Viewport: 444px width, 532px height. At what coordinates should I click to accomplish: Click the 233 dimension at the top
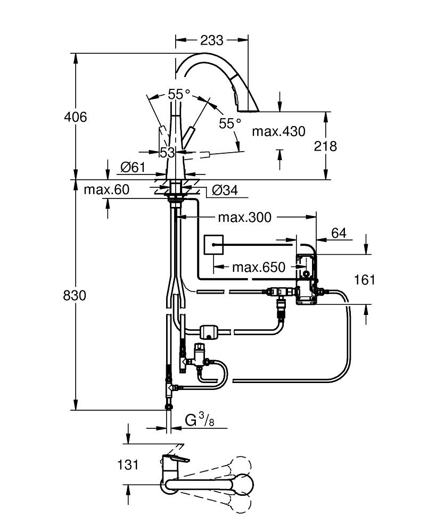[x=212, y=40]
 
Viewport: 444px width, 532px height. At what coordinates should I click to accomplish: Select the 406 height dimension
[x=75, y=117]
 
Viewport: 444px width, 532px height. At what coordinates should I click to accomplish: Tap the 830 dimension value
[x=75, y=295]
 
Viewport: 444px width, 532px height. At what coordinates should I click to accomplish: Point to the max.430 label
[x=278, y=131]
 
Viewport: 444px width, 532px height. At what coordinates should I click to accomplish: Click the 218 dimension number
[x=326, y=146]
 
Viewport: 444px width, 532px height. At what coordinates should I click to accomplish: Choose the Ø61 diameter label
[x=133, y=167]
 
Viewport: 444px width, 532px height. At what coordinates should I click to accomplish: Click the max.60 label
[x=106, y=189]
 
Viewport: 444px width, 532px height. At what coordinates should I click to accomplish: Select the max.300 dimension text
[x=244, y=217]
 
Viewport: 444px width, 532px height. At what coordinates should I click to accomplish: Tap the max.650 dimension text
[x=258, y=267]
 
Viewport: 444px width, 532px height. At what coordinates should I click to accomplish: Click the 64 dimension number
[x=339, y=233]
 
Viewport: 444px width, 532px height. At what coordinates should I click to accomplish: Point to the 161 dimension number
[x=365, y=280]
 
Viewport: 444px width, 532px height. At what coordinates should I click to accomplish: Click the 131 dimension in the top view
[x=128, y=464]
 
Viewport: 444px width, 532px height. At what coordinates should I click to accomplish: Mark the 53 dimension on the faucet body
[x=167, y=152]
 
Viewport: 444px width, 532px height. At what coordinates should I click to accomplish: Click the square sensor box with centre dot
[x=215, y=245]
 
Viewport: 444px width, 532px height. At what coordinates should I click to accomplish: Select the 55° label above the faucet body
[x=179, y=94]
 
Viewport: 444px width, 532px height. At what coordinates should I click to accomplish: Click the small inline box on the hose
[x=209, y=332]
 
